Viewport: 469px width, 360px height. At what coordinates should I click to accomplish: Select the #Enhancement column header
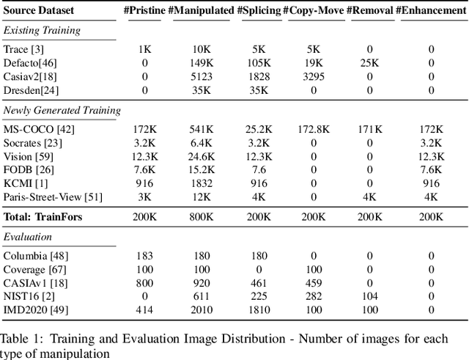[x=431, y=11]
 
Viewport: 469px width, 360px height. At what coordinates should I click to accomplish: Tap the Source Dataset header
[x=37, y=11]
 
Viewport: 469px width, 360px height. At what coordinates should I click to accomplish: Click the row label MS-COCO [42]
[x=39, y=130]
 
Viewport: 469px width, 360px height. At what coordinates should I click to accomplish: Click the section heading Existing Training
[x=42, y=30]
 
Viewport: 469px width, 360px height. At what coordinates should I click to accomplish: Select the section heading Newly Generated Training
[x=62, y=110]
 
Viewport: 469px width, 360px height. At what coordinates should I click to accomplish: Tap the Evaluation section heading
[x=27, y=236]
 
